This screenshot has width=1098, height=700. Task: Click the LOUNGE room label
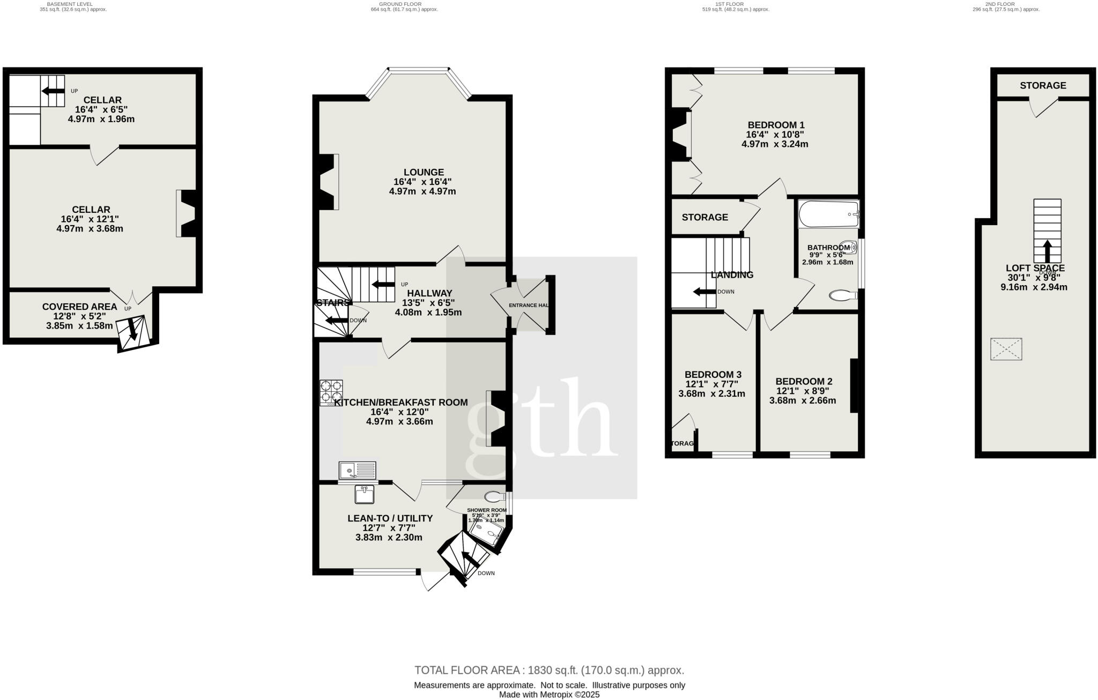pos(424,172)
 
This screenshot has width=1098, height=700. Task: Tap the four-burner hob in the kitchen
pos(331,392)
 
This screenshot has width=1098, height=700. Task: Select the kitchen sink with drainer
pos(358,470)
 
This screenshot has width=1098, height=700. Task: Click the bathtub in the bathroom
pos(828,214)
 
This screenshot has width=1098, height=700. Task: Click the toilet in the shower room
pos(494,496)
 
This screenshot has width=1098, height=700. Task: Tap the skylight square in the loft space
pos(1006,349)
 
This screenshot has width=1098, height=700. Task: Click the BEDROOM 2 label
pos(804,381)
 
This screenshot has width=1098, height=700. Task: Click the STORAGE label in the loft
pos(1043,85)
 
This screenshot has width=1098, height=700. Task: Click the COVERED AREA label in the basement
pos(79,307)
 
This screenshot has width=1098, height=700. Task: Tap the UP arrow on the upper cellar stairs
pos(53,91)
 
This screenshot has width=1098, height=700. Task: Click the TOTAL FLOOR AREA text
pos(549,670)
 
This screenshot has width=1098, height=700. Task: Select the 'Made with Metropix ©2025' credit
pos(549,695)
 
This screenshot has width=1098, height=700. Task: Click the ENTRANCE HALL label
pos(529,305)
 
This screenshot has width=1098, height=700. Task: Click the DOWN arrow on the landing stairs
pos(704,292)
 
